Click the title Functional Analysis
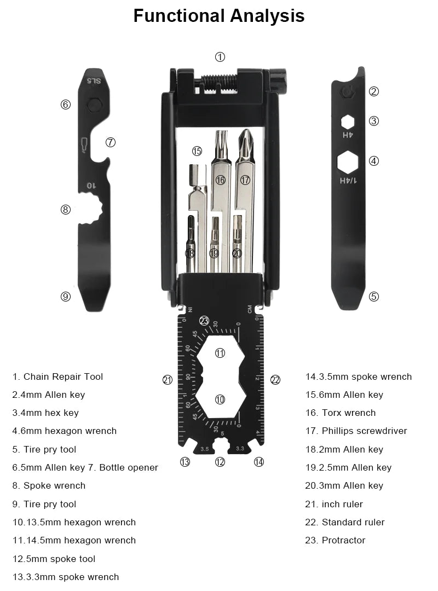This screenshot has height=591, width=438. [219, 16]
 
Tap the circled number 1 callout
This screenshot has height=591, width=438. [220, 57]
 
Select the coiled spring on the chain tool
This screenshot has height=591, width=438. [219, 81]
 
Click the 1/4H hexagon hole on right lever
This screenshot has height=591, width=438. [348, 163]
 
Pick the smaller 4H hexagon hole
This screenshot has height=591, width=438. [348, 121]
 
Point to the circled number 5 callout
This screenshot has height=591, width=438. [374, 297]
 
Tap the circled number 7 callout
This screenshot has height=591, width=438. [110, 142]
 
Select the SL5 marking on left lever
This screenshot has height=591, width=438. [94, 82]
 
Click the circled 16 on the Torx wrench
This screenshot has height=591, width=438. [221, 179]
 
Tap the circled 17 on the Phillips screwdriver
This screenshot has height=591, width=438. [245, 179]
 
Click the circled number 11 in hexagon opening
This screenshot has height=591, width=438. [220, 353]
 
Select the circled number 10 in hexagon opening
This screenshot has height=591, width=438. [220, 399]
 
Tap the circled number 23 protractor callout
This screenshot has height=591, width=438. [204, 321]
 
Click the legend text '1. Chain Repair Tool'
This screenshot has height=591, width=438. [57, 376]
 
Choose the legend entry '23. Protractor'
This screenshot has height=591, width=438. [335, 540]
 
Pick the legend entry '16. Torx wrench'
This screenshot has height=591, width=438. [341, 413]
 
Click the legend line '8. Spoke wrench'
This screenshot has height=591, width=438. [49, 485]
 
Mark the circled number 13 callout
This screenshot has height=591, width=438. [185, 462]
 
